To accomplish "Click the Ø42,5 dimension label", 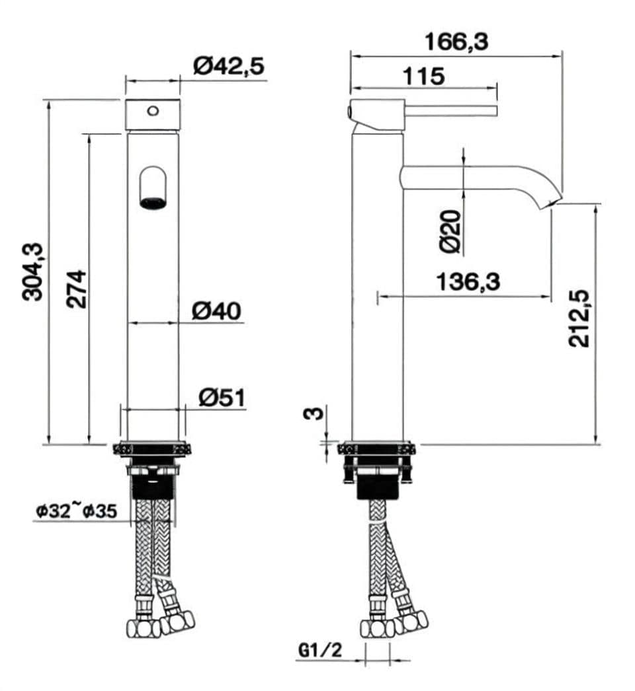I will [x=228, y=66].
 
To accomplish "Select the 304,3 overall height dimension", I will [x=33, y=272].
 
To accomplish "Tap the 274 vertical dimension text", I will [x=77, y=288].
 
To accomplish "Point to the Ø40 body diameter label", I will [x=216, y=310].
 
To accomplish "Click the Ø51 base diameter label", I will [x=222, y=397].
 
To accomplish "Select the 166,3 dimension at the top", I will [x=456, y=42].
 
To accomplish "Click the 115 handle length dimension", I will [x=423, y=75].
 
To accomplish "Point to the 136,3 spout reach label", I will [x=468, y=282].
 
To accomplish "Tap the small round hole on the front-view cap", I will [x=153, y=110].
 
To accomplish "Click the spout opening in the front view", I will [x=153, y=201].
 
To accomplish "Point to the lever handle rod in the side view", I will [x=450, y=110].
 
